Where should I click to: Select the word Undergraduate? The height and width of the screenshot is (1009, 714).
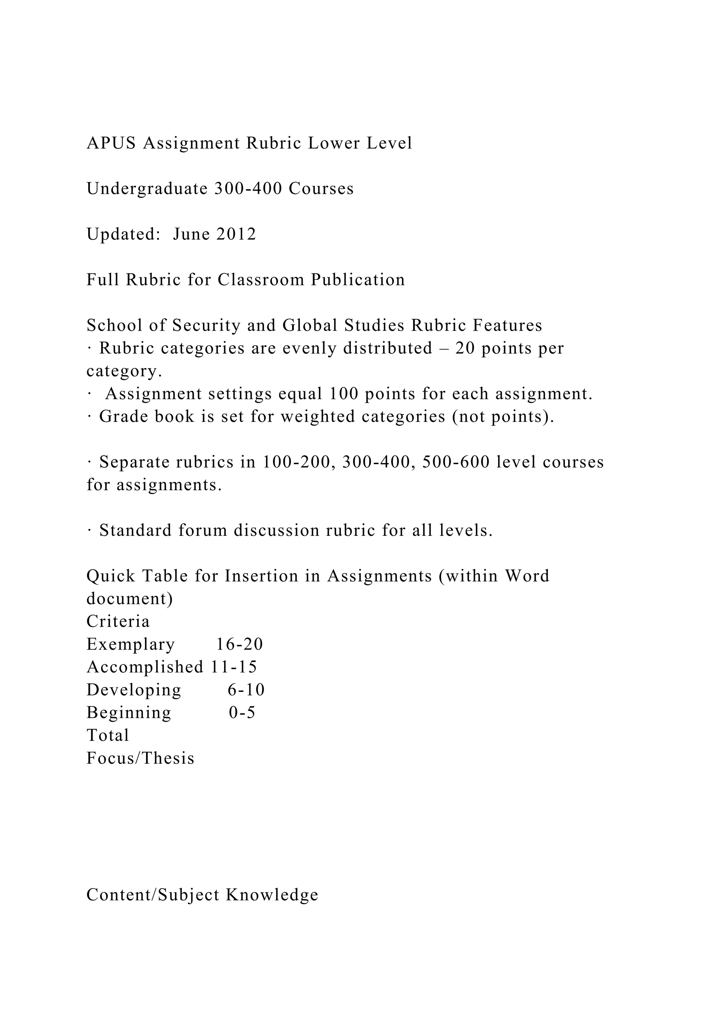(x=147, y=189)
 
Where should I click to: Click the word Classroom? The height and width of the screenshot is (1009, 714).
(x=261, y=280)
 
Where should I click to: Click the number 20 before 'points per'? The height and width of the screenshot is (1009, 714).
(x=465, y=348)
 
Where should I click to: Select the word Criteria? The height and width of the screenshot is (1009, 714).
(x=118, y=622)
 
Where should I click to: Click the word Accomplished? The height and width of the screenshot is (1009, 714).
(x=145, y=667)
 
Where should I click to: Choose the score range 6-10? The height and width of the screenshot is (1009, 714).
(x=246, y=690)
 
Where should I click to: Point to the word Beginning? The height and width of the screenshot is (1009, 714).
(x=129, y=713)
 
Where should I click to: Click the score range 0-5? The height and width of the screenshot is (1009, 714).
(x=242, y=713)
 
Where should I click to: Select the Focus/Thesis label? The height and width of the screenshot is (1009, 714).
(x=140, y=758)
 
